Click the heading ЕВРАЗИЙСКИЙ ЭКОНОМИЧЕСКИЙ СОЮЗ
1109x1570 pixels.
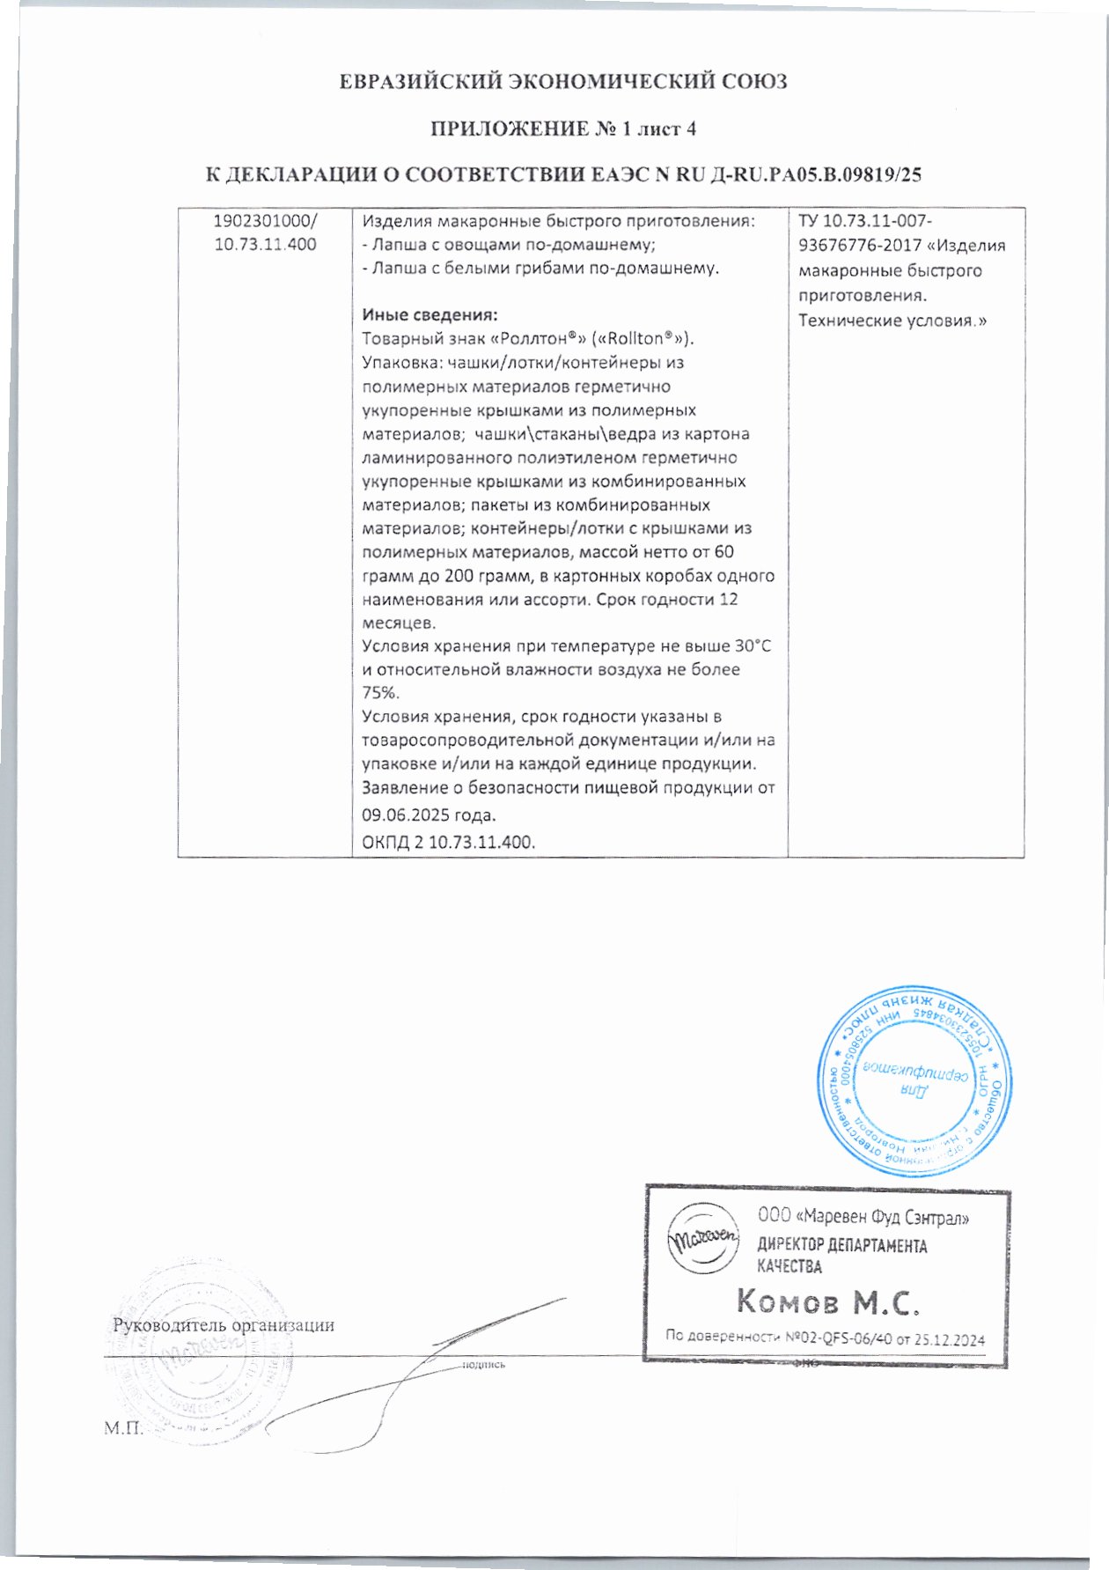[563, 82]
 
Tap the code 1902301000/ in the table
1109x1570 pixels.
[266, 221]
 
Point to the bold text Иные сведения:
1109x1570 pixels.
[430, 314]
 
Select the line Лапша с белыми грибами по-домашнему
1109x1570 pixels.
[540, 268]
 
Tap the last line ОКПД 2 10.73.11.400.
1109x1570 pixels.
[449, 842]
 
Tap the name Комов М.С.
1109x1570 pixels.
[827, 1301]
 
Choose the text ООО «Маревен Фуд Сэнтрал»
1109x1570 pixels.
[863, 1218]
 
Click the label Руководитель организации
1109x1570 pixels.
[224, 1324]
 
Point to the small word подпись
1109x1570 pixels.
[483, 1365]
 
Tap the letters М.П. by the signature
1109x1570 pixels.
[122, 1427]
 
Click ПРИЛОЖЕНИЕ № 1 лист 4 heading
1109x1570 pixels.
[563, 129]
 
